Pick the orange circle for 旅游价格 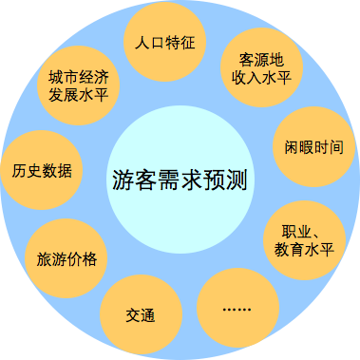66,256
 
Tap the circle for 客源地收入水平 259,67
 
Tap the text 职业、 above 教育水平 300,231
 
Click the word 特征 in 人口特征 178,44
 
